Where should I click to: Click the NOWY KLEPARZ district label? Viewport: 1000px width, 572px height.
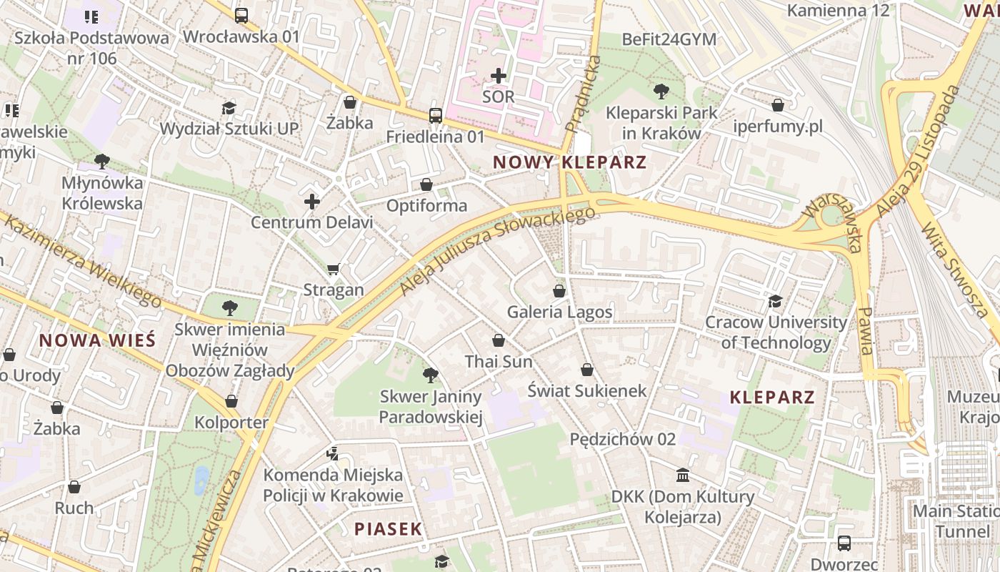pos(569,162)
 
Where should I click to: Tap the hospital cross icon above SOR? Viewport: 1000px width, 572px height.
pos(499,75)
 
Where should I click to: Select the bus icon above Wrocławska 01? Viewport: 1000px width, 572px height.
pos(241,15)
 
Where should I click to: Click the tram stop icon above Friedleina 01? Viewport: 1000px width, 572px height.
pos(435,115)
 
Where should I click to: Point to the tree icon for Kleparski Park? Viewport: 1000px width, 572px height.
pos(661,91)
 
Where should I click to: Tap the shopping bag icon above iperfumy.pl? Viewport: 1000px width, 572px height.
pos(778,105)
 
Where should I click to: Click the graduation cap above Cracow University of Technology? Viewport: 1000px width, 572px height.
pos(775,301)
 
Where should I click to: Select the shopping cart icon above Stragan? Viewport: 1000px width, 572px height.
pos(333,269)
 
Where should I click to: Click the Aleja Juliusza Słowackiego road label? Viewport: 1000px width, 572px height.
pos(497,252)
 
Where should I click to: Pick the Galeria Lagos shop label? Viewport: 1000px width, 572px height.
pos(559,312)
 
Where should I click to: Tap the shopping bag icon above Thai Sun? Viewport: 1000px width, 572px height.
pos(499,340)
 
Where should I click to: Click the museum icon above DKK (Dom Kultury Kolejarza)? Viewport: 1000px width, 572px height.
pos(683,475)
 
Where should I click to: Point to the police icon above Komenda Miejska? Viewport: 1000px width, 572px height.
pos(332,453)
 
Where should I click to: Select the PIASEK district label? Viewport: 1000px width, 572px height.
pos(389,529)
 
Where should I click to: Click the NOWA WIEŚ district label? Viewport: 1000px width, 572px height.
pos(97,340)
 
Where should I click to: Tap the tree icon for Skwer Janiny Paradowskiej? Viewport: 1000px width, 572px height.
pos(430,375)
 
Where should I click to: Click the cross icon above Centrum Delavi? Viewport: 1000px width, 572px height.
pos(311,202)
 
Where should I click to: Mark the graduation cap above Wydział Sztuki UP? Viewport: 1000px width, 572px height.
pos(229,108)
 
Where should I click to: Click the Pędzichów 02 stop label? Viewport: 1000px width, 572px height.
pos(622,439)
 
